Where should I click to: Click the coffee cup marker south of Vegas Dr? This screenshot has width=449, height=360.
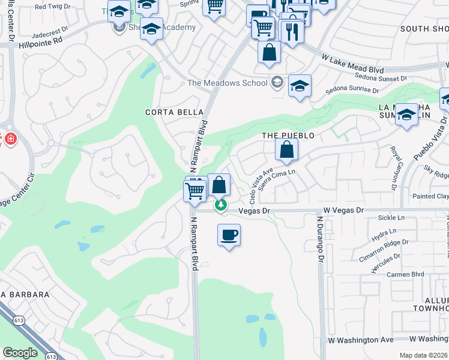(x=228, y=235)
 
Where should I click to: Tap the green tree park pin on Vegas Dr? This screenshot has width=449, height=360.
(x=221, y=205)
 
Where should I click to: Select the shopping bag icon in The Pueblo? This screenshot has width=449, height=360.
(x=287, y=150)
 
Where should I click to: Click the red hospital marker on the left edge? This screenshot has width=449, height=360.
(x=10, y=139)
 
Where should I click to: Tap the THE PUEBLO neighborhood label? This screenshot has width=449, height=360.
(x=288, y=136)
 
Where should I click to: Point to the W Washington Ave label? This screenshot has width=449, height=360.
(x=360, y=340)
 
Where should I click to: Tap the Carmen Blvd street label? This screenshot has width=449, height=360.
(x=406, y=274)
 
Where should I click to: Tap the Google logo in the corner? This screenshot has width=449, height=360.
(x=20, y=353)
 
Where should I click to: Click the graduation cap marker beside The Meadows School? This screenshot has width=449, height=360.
(x=299, y=86)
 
